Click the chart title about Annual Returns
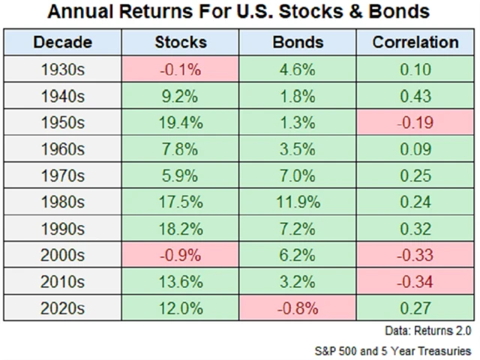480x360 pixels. click(x=240, y=13)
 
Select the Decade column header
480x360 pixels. click(x=63, y=42)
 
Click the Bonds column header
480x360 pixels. click(x=296, y=42)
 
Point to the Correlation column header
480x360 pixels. click(x=415, y=42)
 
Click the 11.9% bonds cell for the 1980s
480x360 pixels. click(x=296, y=204)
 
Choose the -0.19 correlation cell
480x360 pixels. click(x=415, y=123)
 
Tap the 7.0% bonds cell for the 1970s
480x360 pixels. click(x=296, y=177)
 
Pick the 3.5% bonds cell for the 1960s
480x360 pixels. click(x=296, y=150)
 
